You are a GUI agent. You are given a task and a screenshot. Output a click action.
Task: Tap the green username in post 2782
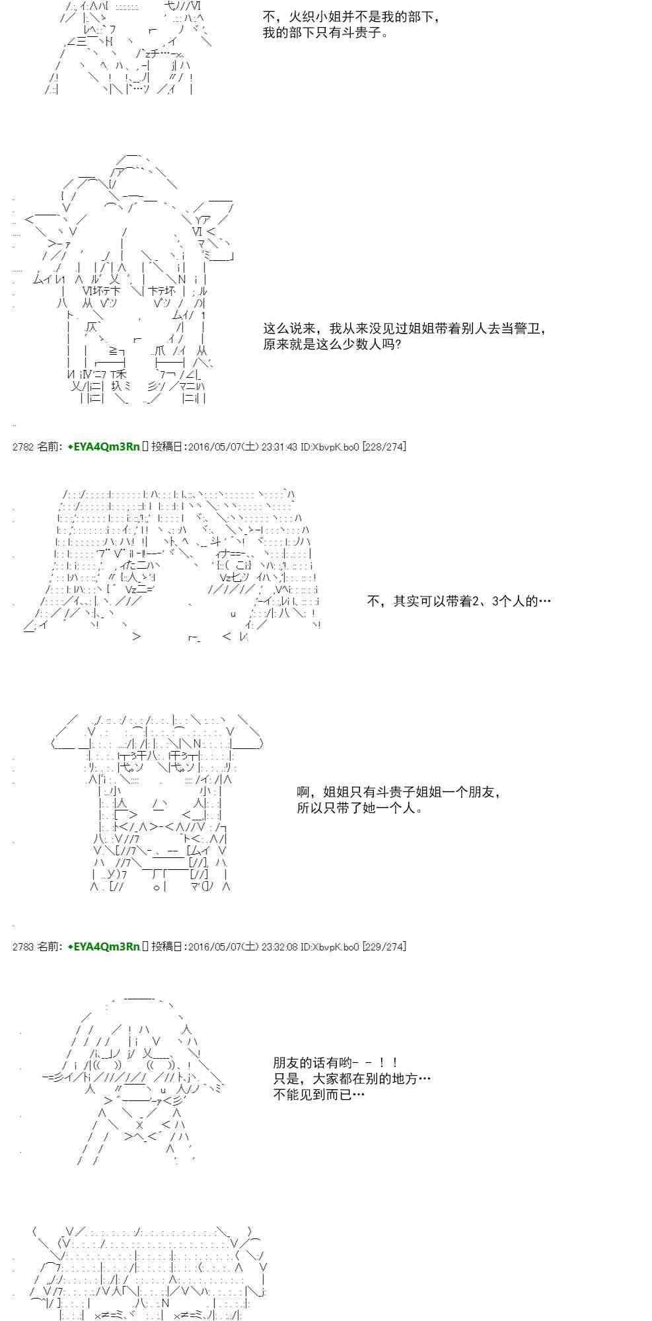(x=104, y=447)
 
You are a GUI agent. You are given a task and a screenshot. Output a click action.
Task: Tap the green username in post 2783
(x=104, y=946)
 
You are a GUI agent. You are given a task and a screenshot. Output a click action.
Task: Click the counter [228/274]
(x=384, y=447)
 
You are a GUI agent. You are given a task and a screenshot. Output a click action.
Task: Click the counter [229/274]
(x=384, y=946)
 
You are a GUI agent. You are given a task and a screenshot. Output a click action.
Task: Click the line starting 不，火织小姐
(x=351, y=17)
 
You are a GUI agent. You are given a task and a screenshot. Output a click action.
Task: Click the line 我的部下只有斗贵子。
(x=325, y=32)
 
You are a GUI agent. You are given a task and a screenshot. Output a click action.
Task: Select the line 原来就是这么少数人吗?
(x=332, y=344)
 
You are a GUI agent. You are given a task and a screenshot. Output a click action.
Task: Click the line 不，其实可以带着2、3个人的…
(x=458, y=601)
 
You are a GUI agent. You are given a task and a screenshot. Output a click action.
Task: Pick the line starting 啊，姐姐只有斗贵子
(x=398, y=792)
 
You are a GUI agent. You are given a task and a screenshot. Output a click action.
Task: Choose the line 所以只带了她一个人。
(x=359, y=808)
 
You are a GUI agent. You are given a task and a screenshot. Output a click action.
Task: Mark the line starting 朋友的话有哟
(x=336, y=1063)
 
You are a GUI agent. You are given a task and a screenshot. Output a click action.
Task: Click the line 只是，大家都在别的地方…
(x=351, y=1079)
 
